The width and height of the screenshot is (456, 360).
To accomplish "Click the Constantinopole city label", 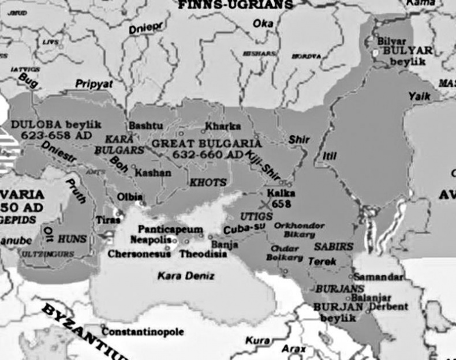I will pos(143,332).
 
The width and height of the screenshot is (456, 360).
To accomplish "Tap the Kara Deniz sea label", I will pos(186,276).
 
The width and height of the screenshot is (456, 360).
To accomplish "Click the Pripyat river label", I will pos(95,84).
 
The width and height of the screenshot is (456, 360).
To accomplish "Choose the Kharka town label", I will pos(222,126).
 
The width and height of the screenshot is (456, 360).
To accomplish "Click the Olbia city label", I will pos(130,197).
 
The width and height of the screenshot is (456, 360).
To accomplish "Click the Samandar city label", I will pos(378,277).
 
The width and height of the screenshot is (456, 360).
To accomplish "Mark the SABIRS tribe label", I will pos(334,246).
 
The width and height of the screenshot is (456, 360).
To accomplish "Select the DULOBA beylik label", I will pos(48,125).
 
